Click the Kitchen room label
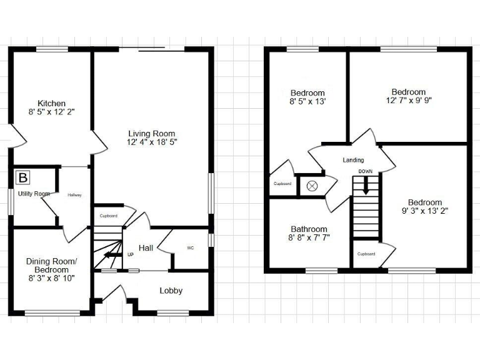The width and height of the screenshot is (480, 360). click(x=51, y=103)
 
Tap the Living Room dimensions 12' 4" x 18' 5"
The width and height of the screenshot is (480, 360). click(x=152, y=143)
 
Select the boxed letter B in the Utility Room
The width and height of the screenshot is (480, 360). click(x=22, y=178)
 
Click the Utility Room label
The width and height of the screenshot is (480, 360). click(x=34, y=194)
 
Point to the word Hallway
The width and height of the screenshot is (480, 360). click(x=74, y=194)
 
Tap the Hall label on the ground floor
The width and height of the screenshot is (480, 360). click(x=146, y=248)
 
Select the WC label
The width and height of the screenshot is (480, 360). click(x=191, y=248)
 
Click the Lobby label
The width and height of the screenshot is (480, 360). click(x=171, y=291)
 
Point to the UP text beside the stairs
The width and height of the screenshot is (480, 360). click(x=130, y=255)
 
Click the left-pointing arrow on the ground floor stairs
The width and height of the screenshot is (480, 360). click(x=112, y=254)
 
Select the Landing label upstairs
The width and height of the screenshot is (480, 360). click(x=353, y=160)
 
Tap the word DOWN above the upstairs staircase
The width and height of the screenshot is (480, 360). click(x=366, y=171)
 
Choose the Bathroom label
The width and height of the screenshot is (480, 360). click(x=309, y=229)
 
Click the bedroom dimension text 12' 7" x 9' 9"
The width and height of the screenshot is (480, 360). click(x=409, y=100)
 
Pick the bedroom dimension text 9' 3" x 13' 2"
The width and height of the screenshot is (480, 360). click(x=424, y=211)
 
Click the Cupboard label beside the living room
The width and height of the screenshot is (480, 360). click(x=108, y=216)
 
